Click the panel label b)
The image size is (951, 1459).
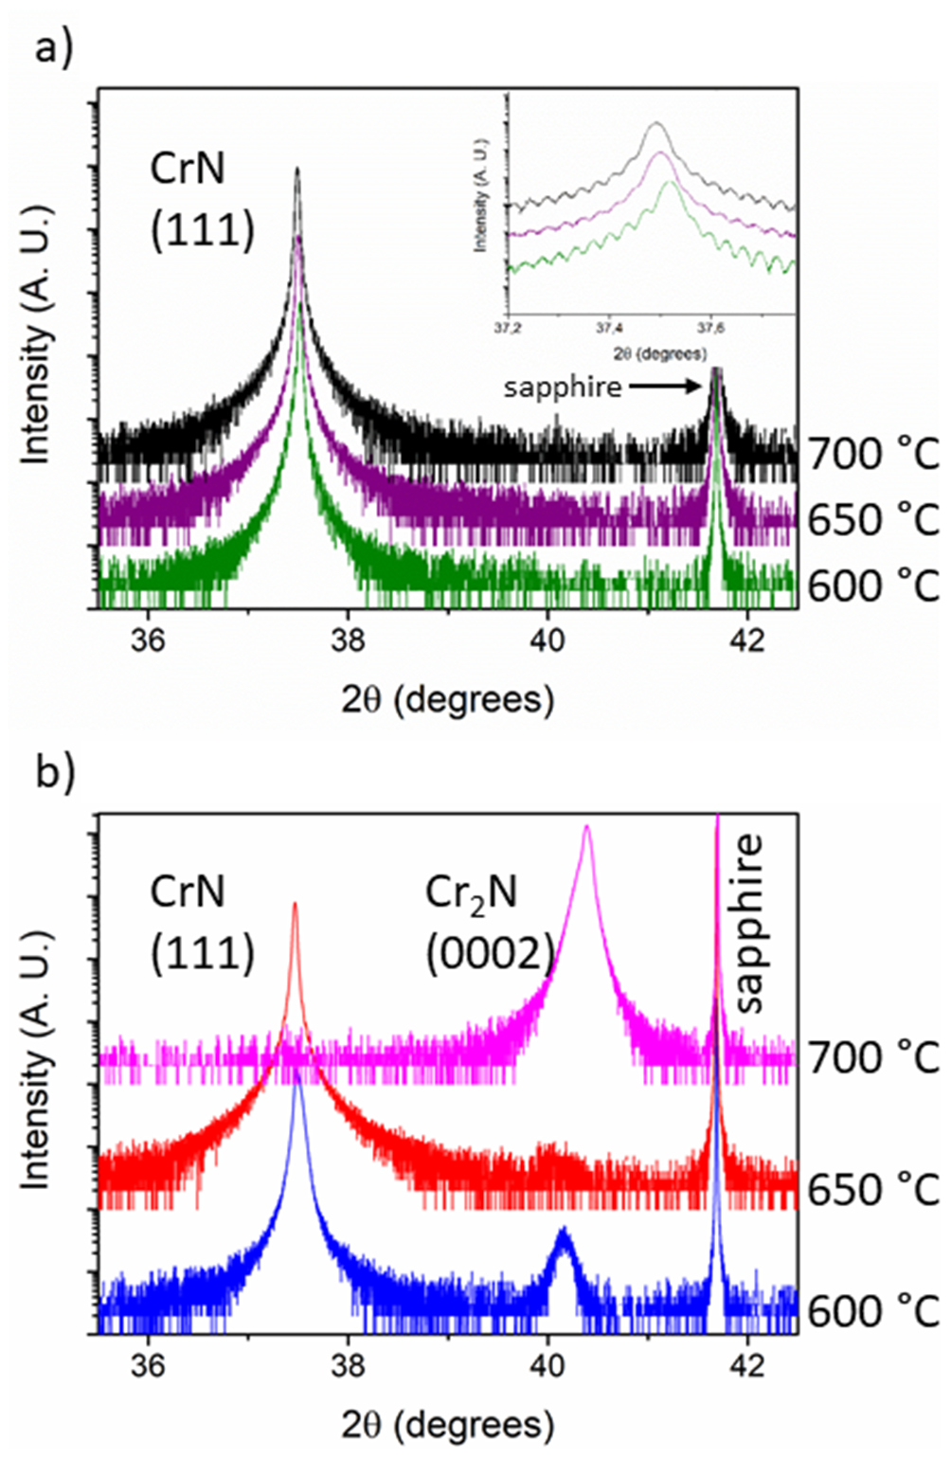coord(54,771)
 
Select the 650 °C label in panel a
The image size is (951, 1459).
coord(872,519)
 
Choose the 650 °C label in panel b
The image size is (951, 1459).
coord(872,1188)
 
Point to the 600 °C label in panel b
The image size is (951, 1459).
coord(872,1311)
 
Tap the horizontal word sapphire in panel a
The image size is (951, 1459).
coord(563,387)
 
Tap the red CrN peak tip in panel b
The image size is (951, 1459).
coord(295,905)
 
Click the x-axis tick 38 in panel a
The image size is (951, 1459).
coord(348,639)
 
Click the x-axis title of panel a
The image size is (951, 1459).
coord(447,699)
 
